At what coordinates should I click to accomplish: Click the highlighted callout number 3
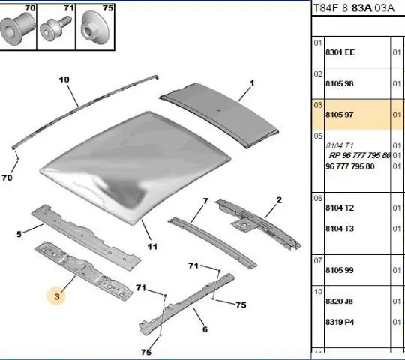[57, 296]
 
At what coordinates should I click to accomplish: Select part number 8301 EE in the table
[340, 52]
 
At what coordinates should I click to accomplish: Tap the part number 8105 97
[340, 115]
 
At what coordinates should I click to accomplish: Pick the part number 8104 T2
[340, 208]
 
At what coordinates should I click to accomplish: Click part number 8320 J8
[339, 301]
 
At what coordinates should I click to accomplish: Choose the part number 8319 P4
[340, 322]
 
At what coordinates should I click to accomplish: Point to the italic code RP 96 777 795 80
[359, 155]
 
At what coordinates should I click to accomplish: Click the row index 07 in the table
[318, 260]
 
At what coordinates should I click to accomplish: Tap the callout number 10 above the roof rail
[64, 79]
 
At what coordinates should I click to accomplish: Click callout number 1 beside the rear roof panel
[252, 83]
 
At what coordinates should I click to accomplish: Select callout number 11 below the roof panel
[152, 247]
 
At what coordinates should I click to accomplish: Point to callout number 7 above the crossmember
[205, 201]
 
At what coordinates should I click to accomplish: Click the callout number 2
[279, 200]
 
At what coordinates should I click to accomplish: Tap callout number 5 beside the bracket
[19, 234]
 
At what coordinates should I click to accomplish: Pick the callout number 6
[205, 329]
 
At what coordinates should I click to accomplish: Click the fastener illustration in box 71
[55, 28]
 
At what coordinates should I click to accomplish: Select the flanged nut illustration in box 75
[94, 28]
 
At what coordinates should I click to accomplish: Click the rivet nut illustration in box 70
[17, 29]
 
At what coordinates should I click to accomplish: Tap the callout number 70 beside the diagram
[7, 178]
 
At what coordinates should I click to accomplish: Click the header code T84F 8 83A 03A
[353, 8]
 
